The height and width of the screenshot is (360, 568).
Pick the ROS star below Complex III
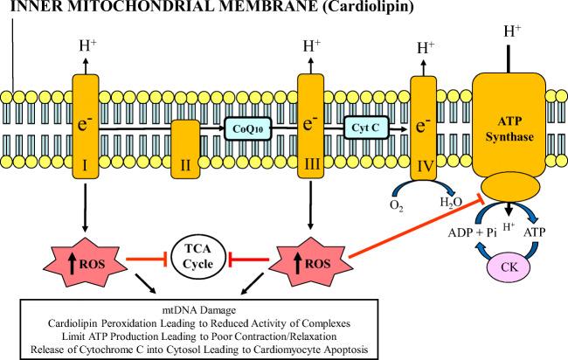(x=311, y=258)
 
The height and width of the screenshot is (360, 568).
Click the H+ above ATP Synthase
(x=515, y=32)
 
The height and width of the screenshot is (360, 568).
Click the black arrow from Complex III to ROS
(x=311, y=205)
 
